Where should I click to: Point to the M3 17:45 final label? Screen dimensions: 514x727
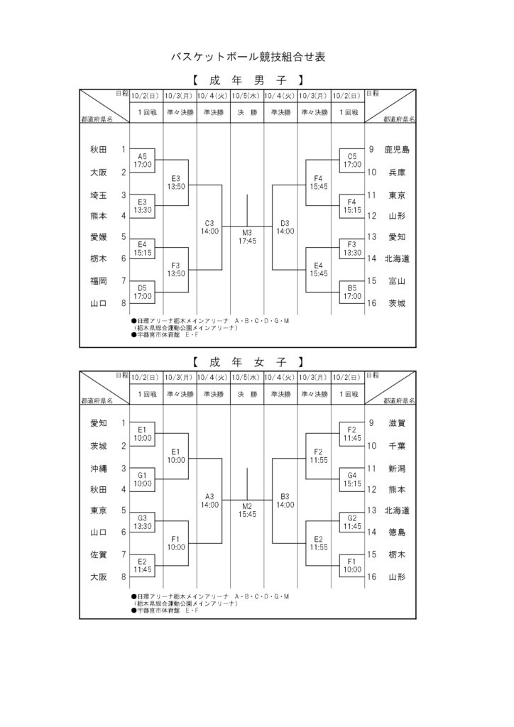pos(247,237)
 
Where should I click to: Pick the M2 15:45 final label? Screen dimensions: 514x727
pos(247,510)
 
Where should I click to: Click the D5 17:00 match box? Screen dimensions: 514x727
pos(142,293)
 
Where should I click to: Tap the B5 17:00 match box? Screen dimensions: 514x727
pos(352,293)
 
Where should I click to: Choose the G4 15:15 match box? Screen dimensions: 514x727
pos(352,480)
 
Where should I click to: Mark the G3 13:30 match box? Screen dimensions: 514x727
pos(142,523)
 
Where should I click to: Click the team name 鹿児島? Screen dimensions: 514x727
pos(397,150)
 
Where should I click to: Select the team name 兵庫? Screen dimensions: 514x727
pos(397,173)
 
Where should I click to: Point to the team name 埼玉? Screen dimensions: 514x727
pos(98,195)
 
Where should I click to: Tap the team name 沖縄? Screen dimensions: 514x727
pos(98,469)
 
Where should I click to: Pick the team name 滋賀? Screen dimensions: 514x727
pos(397,423)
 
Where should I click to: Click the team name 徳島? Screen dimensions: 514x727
pos(397,532)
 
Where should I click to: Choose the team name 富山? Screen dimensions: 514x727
pos(397,281)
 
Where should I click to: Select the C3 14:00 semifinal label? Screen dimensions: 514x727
pos(209,227)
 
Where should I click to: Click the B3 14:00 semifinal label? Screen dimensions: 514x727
pos(285,501)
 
